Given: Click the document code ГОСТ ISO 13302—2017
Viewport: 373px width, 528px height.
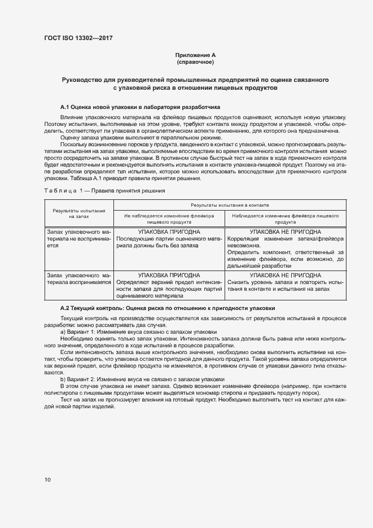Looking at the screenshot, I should [82, 38].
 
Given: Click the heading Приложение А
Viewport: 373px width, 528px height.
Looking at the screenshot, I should [195, 55].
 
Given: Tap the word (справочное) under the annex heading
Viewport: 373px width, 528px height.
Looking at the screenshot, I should [195, 62].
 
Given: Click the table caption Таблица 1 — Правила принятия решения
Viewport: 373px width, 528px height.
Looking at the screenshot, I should [104, 191].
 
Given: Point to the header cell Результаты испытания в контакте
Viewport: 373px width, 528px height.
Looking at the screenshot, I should [229, 204].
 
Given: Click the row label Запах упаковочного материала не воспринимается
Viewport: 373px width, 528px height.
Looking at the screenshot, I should [79, 239].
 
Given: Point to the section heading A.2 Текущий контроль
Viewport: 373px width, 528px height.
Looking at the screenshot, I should [168, 308].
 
